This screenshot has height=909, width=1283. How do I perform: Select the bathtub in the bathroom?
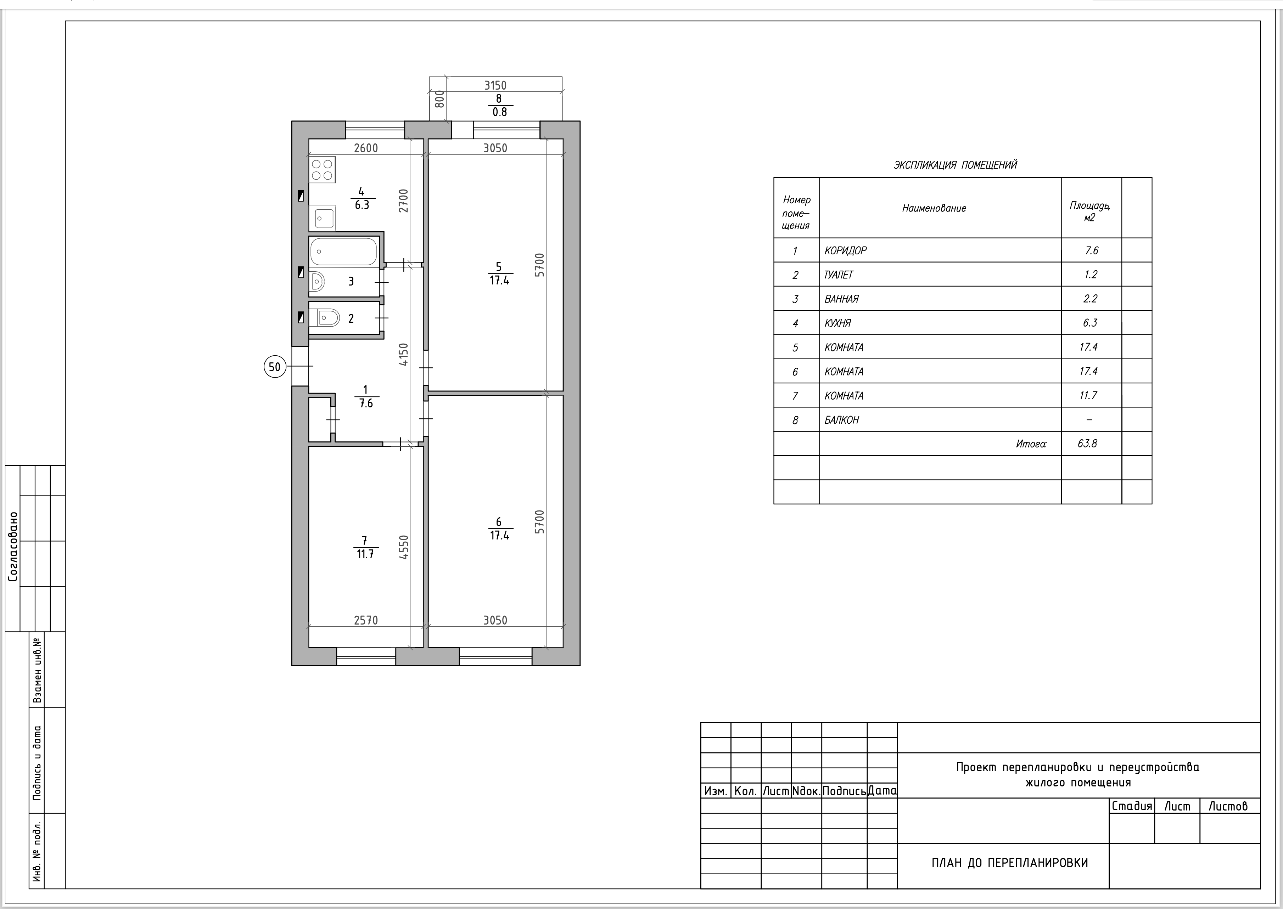coord(344,251)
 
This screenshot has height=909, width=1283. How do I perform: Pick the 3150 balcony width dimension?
coord(495,85)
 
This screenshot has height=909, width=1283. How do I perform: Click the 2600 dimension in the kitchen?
coord(366,148)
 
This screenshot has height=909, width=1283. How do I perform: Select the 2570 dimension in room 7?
coord(366,620)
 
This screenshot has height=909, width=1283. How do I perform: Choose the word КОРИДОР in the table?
coord(845,251)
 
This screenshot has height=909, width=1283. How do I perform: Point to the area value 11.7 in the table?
coord(1088,396)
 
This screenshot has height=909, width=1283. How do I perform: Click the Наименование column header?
coord(934,208)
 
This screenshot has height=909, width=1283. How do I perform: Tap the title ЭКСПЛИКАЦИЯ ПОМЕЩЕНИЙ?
coord(956,165)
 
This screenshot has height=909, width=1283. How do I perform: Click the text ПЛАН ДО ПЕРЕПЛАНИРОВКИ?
coord(1010,863)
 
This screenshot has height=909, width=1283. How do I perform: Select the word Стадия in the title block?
coord(1132,806)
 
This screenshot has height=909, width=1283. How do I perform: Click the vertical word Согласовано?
coord(13,546)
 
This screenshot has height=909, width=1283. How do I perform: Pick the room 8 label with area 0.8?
coord(499,105)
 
